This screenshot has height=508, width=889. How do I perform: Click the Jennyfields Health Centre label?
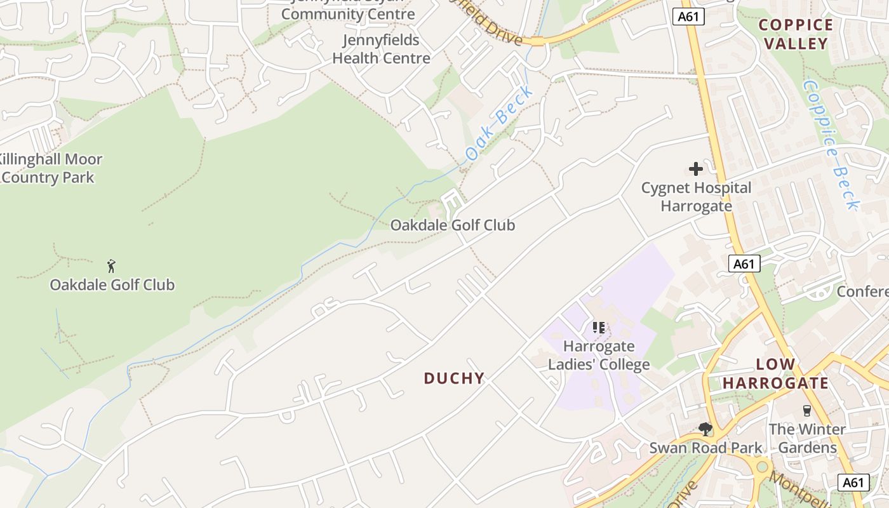coord(381,49)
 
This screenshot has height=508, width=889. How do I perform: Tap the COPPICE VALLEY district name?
coord(796,34)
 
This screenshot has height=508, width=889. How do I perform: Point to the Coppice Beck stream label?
coord(831,144)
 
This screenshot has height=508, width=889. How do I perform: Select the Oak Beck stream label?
coord(499,124)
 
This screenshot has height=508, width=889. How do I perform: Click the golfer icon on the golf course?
coord(112,266)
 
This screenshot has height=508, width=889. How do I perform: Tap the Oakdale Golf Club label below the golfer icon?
coord(112,284)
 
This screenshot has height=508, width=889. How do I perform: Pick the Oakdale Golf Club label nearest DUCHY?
coord(452,225)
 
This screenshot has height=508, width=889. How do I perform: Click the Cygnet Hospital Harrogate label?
coord(696,197)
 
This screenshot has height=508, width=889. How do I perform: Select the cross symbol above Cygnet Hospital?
coord(696,169)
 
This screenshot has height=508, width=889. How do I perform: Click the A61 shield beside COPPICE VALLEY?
coord(688,17)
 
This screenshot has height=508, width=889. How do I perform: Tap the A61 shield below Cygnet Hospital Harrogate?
coord(744,264)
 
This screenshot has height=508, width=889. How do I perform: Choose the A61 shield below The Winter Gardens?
coord(853,483)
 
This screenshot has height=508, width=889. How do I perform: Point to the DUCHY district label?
coord(454,378)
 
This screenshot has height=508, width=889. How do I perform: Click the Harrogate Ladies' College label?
coord(599,356)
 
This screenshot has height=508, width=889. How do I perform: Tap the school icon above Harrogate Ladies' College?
coord(598,328)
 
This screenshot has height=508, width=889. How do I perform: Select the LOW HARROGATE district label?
coord(775,374)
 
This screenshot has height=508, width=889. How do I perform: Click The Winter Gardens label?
coord(807,438)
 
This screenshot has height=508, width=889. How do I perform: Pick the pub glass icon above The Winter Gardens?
coord(807,411)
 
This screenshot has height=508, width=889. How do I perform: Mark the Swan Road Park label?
coord(705,448)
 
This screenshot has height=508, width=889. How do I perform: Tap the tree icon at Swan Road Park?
coord(705,429)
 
